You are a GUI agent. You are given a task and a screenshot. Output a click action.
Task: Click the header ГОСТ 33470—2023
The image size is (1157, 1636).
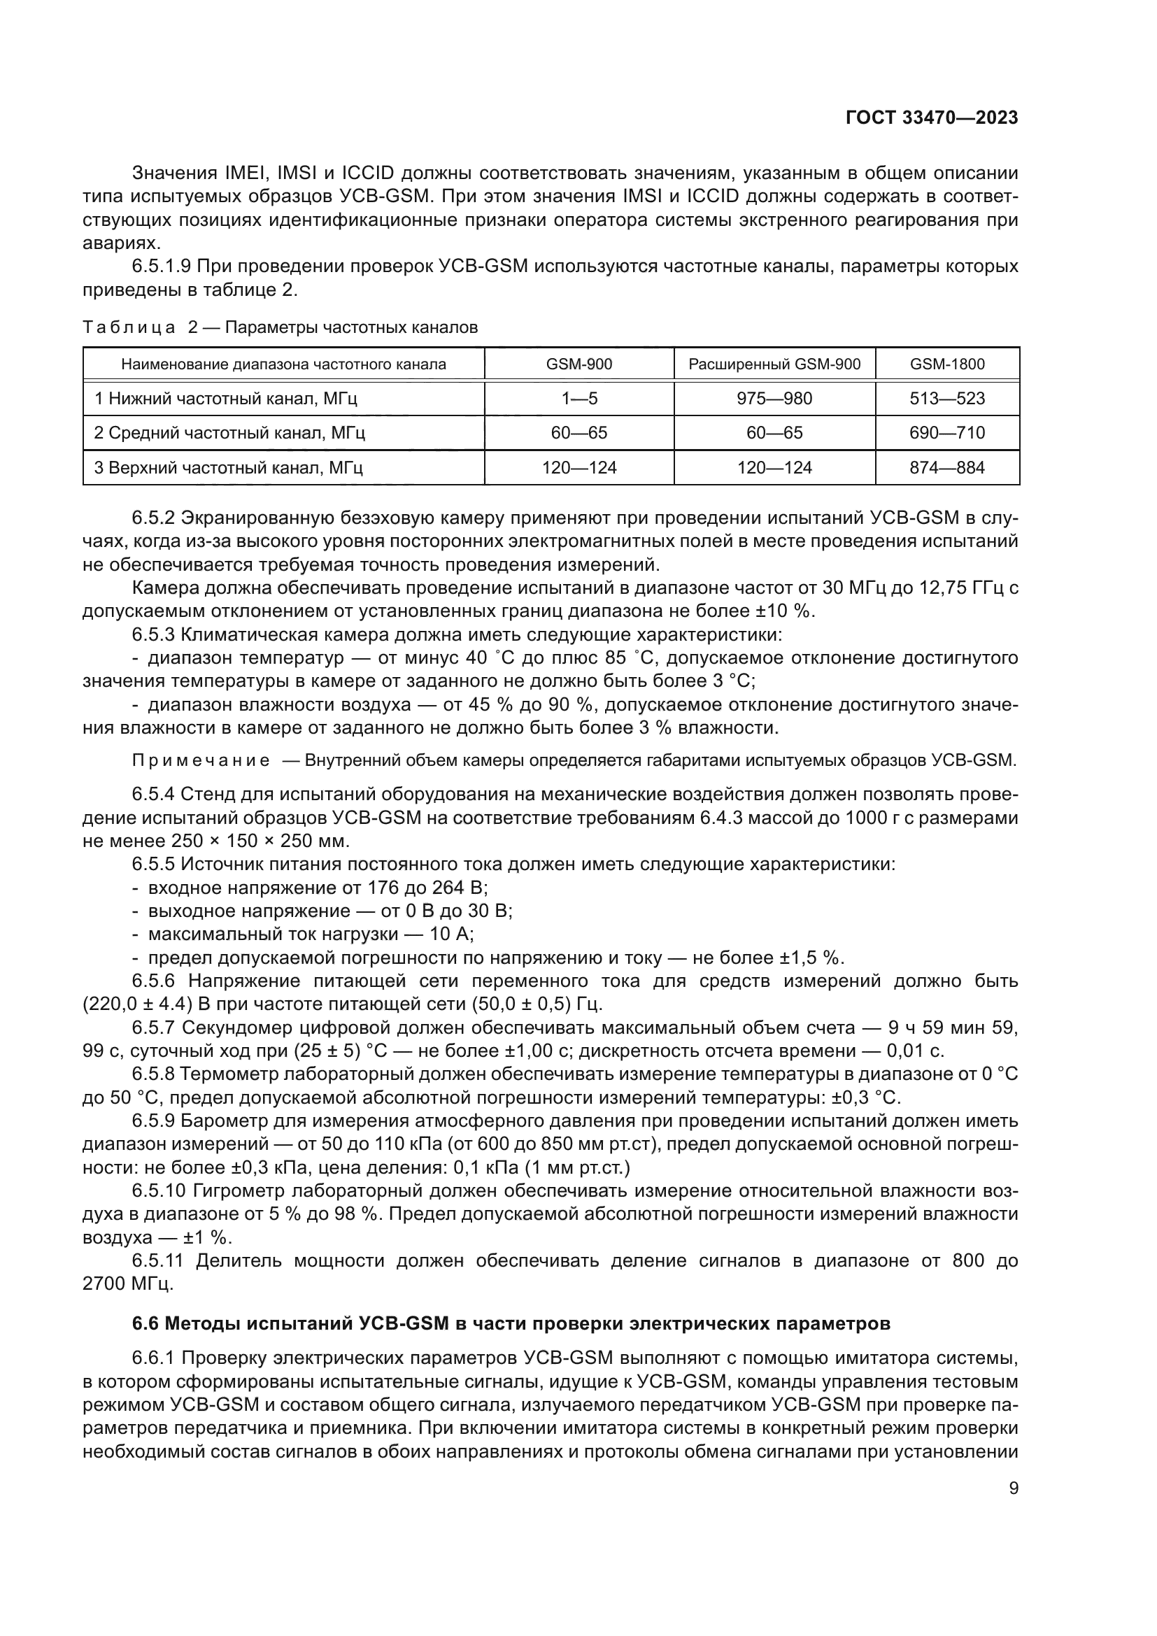(x=931, y=118)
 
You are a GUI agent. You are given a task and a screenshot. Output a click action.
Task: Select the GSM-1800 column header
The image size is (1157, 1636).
(x=947, y=364)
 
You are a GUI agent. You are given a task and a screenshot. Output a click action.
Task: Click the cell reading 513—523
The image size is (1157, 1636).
(x=947, y=398)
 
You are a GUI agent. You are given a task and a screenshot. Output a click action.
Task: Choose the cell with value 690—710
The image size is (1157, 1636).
(x=947, y=432)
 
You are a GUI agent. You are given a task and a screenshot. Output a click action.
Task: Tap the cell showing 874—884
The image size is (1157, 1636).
(x=947, y=467)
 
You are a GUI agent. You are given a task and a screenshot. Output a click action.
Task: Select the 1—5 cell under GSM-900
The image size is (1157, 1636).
(x=578, y=398)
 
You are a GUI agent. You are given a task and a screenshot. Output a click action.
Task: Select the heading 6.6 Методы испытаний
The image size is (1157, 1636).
(x=511, y=1324)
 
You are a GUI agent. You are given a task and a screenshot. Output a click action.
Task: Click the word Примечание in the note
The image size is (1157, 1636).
(x=201, y=760)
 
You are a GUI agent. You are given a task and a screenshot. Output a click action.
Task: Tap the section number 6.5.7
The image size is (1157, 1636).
(x=153, y=1027)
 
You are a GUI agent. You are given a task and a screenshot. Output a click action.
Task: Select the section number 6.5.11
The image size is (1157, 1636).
(x=157, y=1260)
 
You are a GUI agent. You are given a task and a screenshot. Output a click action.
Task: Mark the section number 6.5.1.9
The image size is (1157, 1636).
(x=160, y=266)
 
